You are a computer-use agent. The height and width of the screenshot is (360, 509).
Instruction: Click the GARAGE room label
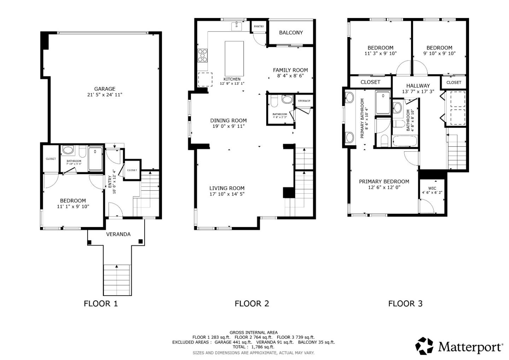[x=104, y=89]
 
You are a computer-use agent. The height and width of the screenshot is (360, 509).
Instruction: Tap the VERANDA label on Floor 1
[x=118, y=234]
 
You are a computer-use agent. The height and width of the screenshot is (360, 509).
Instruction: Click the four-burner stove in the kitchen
[x=203, y=56]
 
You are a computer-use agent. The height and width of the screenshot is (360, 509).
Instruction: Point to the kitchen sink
[x=236, y=26]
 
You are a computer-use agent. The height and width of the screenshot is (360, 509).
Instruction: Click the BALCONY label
[x=291, y=33]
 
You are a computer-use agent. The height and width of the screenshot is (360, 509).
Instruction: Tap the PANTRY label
[x=259, y=27]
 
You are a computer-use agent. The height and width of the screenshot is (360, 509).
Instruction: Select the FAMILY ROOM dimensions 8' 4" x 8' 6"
[x=290, y=76]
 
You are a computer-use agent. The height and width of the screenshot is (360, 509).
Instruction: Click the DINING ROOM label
[x=228, y=121]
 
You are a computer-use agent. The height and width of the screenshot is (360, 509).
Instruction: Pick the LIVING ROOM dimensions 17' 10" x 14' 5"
[x=227, y=194]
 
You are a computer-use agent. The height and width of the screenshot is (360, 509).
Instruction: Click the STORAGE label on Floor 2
[x=304, y=101]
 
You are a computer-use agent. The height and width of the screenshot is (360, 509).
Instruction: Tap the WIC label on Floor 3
[x=432, y=188]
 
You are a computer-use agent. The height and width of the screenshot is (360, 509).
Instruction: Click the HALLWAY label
[x=418, y=86]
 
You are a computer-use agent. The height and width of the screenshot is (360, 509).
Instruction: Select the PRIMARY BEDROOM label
[x=384, y=181]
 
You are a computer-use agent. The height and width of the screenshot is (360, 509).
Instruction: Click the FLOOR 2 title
[x=252, y=303]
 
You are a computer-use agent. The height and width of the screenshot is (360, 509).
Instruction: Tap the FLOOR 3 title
[x=405, y=303]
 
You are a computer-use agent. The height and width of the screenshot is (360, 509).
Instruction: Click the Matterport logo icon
[x=424, y=346]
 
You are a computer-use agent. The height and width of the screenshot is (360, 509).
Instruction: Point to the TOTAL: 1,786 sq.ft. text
[x=253, y=347]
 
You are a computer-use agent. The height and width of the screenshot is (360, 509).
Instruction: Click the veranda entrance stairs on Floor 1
[x=117, y=279]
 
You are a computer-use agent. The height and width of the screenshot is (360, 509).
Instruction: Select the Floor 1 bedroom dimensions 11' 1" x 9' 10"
[x=73, y=207]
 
